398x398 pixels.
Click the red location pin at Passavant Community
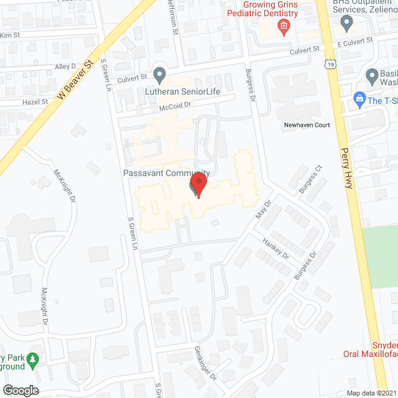[x=198, y=185]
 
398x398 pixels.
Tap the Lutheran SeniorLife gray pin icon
[x=160, y=76]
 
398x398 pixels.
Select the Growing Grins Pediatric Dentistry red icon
[x=283, y=26]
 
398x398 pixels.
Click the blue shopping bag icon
[x=359, y=99]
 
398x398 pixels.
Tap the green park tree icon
[x=35, y=359]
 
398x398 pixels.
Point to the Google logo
[x=21, y=390]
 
